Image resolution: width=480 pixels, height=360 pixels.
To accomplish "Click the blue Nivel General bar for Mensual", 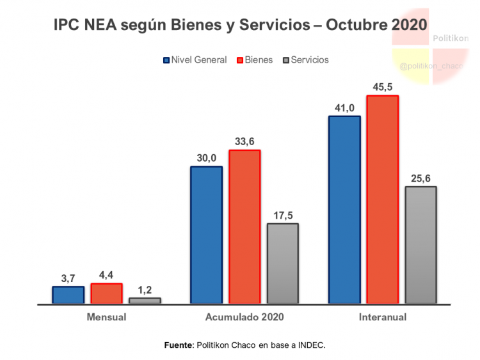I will point(68,295).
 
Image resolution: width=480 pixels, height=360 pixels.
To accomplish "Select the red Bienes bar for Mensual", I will point(106,293).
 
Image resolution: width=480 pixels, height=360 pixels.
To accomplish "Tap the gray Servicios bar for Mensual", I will point(145,301).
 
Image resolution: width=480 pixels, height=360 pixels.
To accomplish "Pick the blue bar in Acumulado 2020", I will point(206,235).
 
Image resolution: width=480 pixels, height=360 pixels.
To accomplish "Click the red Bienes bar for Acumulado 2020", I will point(244,226).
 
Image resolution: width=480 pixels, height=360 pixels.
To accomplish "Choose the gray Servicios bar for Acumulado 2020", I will point(283,263).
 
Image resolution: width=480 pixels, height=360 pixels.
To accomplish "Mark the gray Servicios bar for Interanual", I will point(420,245).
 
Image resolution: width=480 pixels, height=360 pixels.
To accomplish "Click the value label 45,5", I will point(382,86).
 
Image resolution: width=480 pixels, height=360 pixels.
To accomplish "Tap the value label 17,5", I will point(283,214).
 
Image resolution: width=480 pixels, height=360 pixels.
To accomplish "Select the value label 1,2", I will point(145,290).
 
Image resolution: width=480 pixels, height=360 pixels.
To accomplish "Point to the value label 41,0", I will point(344,107).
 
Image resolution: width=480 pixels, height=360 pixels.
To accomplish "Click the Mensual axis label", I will point(106,317).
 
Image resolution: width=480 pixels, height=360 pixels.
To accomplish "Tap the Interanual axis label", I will point(382,317).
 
